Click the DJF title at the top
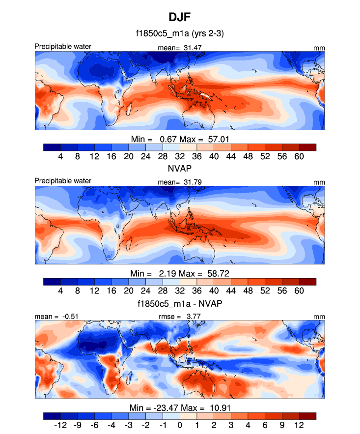click(x=180, y=18)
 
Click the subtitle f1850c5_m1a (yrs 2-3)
click(x=180, y=34)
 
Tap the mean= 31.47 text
click(x=180, y=47)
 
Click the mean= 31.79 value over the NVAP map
click(x=180, y=182)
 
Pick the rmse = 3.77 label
click(x=180, y=316)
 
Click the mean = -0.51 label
click(x=54, y=316)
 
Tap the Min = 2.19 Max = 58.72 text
click(x=180, y=273)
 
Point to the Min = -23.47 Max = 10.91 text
click(x=180, y=407)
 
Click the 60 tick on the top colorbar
click(x=299, y=156)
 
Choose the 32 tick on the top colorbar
click(x=180, y=156)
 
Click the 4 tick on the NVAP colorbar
click(x=60, y=291)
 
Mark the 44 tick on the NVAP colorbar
click(x=230, y=291)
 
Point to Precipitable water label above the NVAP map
click(x=63, y=181)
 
